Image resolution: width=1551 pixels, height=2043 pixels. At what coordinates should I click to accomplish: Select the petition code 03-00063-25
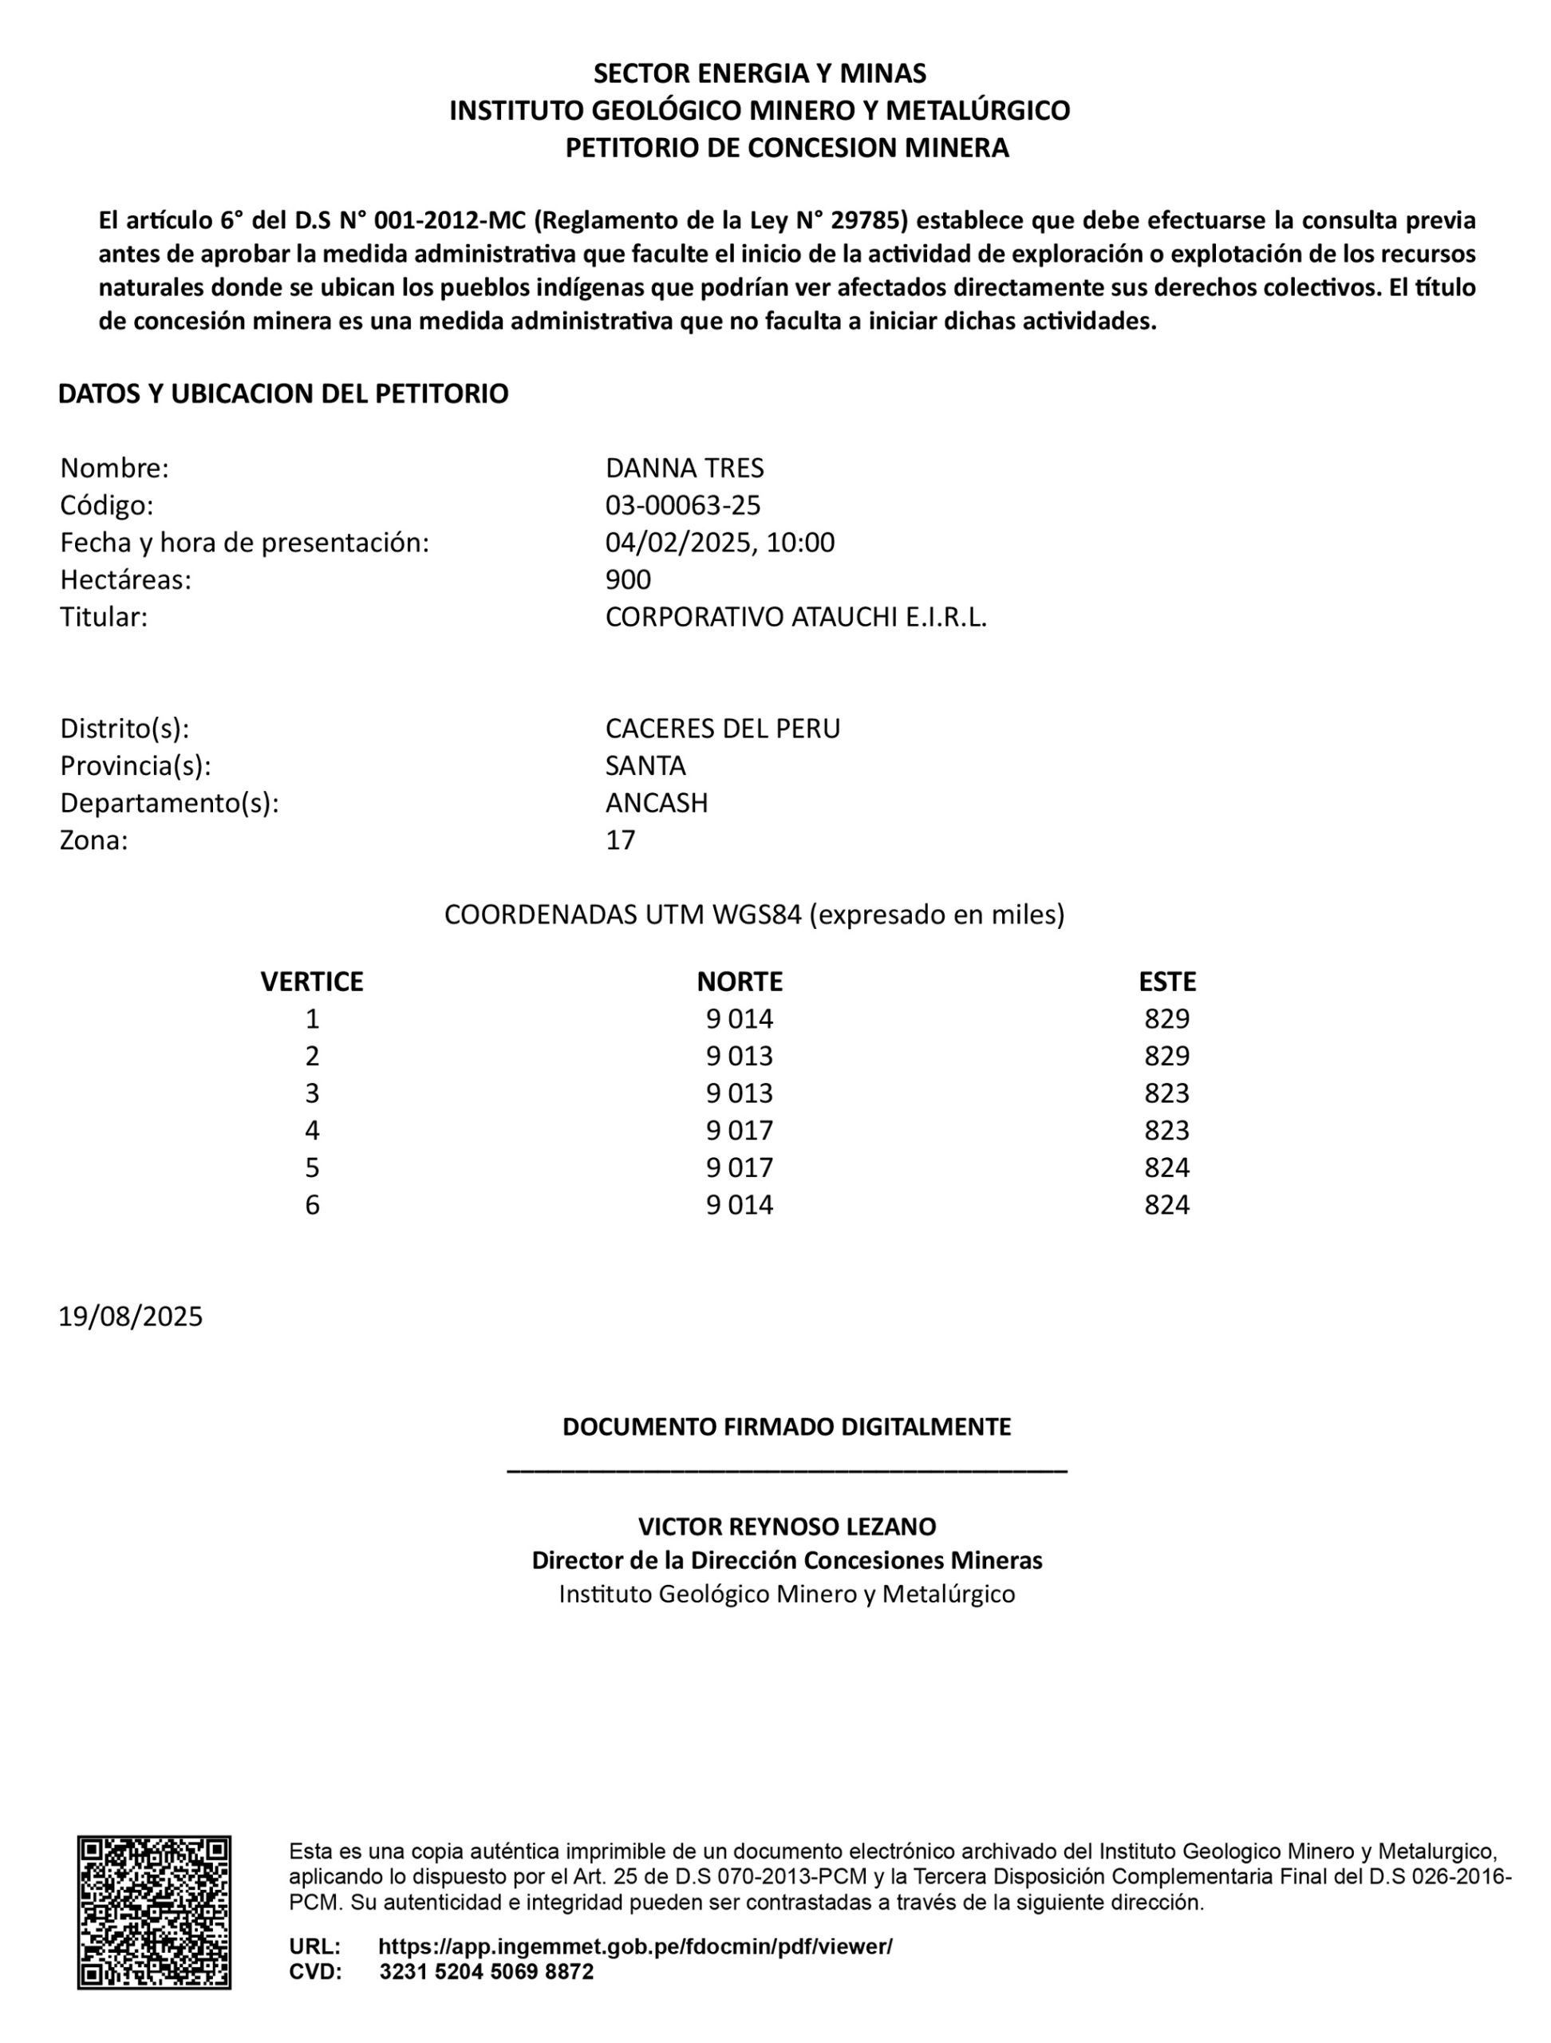pyautogui.click(x=682, y=505)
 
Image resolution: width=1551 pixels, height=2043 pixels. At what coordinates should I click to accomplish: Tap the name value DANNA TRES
pyautogui.click(x=684, y=468)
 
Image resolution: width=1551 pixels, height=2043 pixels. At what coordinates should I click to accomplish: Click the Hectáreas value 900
pyautogui.click(x=628, y=579)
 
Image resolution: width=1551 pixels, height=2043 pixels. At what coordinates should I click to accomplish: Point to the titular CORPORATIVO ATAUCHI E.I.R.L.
pyautogui.click(x=795, y=617)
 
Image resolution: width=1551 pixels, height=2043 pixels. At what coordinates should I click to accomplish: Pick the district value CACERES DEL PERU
pyautogui.click(x=722, y=729)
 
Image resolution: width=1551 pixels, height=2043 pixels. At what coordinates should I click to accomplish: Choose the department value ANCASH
pyautogui.click(x=657, y=803)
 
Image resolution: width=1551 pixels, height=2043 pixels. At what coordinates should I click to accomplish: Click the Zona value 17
pyautogui.click(x=621, y=840)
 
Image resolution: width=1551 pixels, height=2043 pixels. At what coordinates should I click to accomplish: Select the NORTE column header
pyautogui.click(x=740, y=981)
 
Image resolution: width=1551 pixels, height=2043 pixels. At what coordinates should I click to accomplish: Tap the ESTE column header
pyautogui.click(x=1167, y=981)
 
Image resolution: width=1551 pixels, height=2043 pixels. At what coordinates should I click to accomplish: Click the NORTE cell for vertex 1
pyautogui.click(x=740, y=1019)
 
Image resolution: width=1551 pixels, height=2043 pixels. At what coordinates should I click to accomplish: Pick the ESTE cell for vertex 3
pyautogui.click(x=1167, y=1093)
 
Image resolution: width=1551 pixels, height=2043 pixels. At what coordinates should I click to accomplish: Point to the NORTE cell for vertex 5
pyautogui.click(x=740, y=1168)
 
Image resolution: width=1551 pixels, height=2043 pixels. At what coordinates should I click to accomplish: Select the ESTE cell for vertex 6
pyautogui.click(x=1167, y=1204)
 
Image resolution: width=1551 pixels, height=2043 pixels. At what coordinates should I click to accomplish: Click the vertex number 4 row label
pyautogui.click(x=312, y=1131)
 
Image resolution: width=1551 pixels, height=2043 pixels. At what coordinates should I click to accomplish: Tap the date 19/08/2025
pyautogui.click(x=130, y=1316)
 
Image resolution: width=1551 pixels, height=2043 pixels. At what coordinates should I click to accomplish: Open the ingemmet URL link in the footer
pyautogui.click(x=635, y=1946)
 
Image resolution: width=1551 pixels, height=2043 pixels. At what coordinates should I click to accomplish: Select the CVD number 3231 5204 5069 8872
pyautogui.click(x=487, y=1972)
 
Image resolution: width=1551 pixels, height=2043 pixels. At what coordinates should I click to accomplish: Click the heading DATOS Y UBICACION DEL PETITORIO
pyautogui.click(x=282, y=393)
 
